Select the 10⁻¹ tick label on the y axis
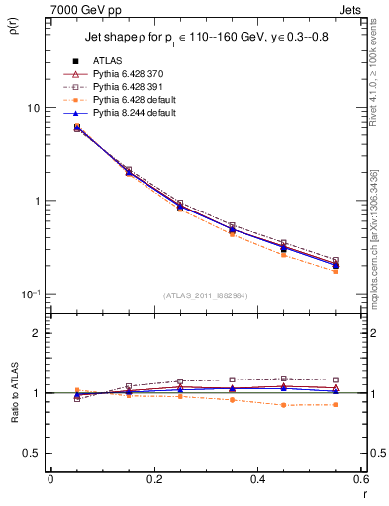tap(30, 294)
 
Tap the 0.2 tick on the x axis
tap(153, 480)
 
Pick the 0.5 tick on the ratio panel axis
tap(32, 453)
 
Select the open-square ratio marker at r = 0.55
tap(335, 379)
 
